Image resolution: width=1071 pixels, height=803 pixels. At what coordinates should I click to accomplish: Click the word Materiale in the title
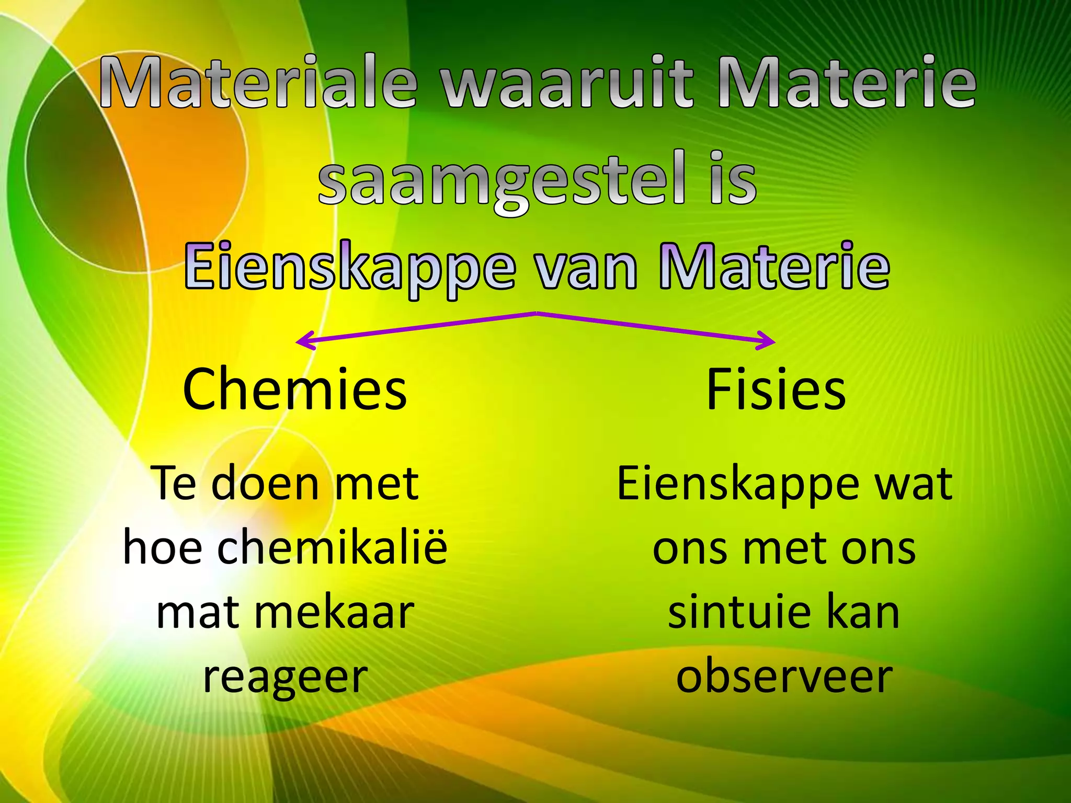[x=258, y=82]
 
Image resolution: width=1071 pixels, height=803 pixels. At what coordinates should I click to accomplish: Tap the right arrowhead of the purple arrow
[x=769, y=341]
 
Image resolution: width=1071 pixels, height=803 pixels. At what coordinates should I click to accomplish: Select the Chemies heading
[x=294, y=390]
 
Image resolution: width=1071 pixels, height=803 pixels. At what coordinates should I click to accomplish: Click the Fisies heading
[x=776, y=390]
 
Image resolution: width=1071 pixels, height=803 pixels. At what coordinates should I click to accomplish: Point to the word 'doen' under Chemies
[x=265, y=484]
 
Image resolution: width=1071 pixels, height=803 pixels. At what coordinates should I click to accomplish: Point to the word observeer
[x=784, y=677]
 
